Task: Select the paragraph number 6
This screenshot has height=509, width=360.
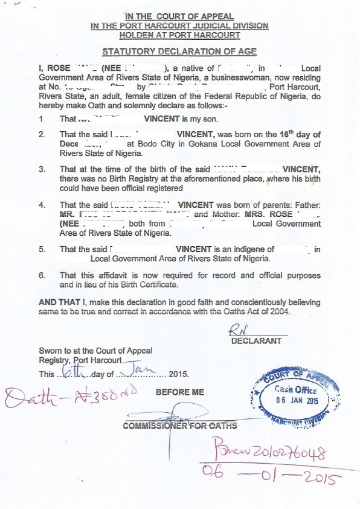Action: tap(41, 275)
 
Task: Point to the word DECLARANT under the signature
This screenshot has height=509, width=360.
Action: tap(256, 341)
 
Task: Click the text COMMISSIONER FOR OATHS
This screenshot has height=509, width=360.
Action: tap(180, 426)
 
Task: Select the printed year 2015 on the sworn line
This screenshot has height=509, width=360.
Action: tap(179, 374)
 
